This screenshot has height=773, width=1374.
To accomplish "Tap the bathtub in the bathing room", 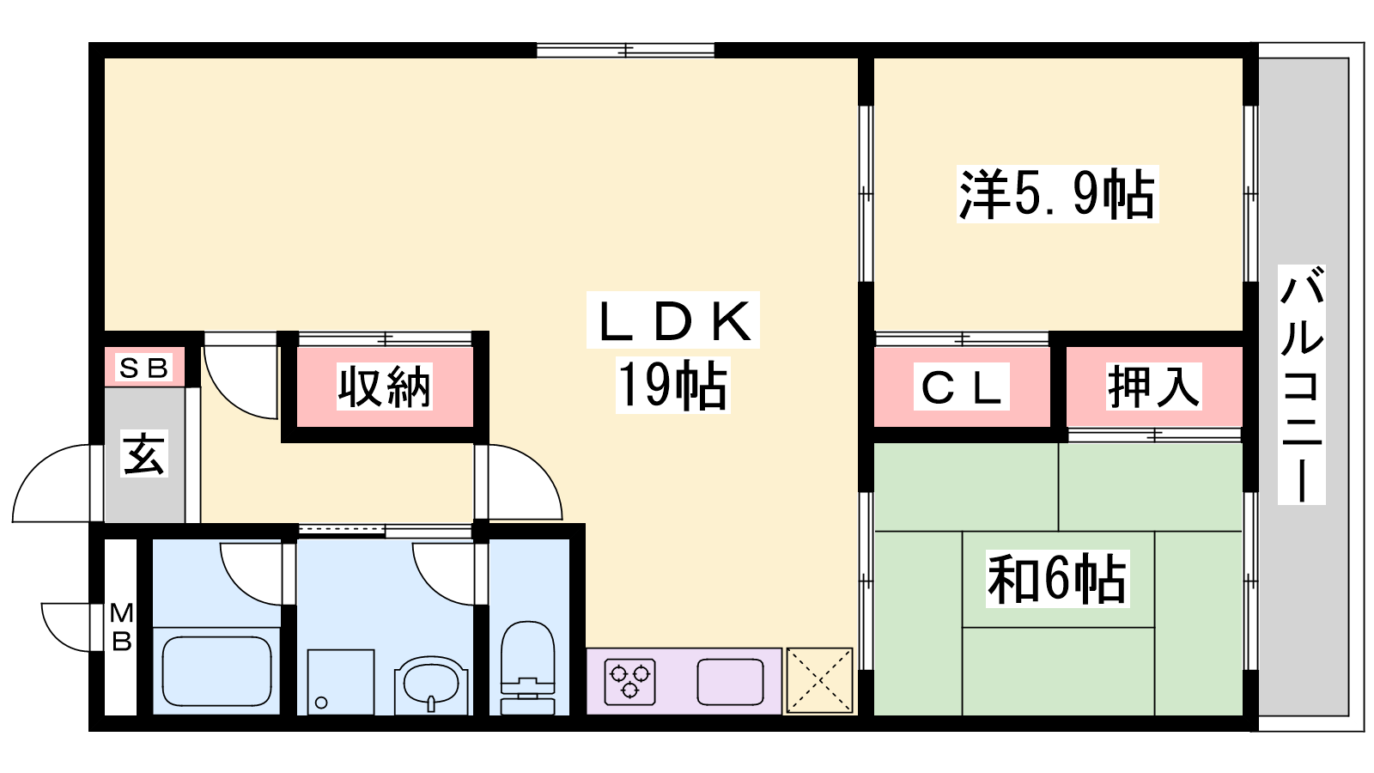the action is click(217, 671).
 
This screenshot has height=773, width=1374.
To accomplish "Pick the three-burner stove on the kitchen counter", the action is click(630, 682).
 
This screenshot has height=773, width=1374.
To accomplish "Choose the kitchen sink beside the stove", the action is click(730, 682).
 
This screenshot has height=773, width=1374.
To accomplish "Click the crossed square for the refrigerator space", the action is click(819, 680).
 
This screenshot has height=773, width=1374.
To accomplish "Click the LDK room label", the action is click(674, 322).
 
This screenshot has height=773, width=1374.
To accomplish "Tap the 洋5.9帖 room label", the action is click(1057, 194).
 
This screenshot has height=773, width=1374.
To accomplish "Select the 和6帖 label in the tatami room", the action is click(1057, 579).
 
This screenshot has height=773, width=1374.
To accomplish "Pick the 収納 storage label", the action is click(385, 387).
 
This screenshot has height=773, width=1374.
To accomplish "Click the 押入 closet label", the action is click(1153, 386).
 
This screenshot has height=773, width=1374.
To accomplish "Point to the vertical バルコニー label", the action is click(1301, 385).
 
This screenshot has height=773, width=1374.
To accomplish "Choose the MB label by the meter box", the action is click(121, 626).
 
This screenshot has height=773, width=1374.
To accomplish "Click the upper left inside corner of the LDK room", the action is click(105, 58).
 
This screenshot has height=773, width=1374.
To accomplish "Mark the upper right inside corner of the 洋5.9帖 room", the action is click(1243, 58).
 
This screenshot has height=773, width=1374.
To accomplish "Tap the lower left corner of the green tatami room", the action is click(874, 715).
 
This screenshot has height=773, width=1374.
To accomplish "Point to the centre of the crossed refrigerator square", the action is click(819, 680).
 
